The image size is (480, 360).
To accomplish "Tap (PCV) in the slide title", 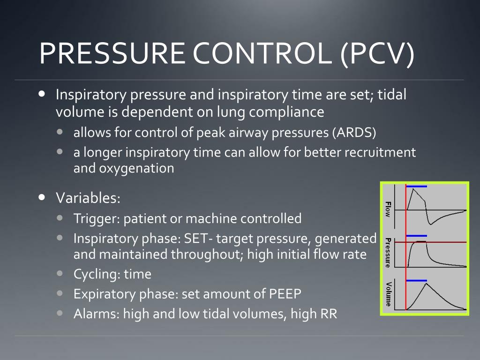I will pos(377,54).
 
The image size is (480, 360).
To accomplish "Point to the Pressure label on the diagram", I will pos(388,253).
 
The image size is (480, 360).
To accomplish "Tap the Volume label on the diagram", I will pos(388,294).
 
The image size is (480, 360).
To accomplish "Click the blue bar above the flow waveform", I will pos(417,187).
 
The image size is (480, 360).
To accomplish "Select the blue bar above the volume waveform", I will pos(417,280).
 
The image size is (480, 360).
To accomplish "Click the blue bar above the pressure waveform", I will pos(417,235).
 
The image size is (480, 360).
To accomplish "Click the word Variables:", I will pos(89,198).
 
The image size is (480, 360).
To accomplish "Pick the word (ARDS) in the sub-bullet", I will pos(355,133).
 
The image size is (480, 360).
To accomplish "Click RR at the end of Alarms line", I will pos(328,314).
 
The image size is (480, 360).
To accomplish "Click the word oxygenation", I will pos(136,168).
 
